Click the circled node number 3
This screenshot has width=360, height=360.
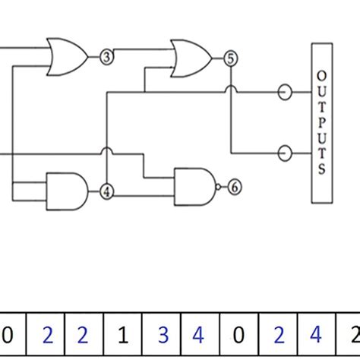pyautogui.click(x=107, y=56)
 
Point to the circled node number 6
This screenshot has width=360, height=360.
pyautogui.click(x=235, y=186)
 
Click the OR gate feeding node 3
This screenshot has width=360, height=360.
pyautogui.click(x=67, y=56)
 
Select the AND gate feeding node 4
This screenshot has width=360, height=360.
pyautogui.click(x=67, y=190)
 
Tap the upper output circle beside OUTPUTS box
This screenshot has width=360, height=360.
pyautogui.click(x=285, y=93)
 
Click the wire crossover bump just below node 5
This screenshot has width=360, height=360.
pyautogui.click(x=230, y=91)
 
